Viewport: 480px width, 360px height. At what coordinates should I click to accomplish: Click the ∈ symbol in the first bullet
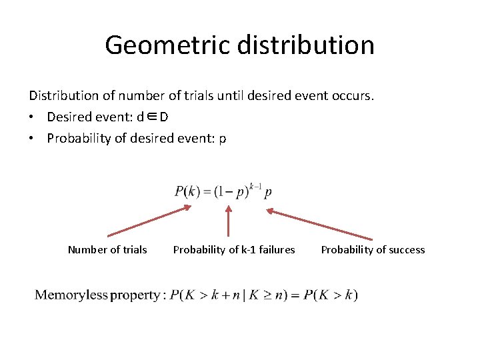click(151, 117)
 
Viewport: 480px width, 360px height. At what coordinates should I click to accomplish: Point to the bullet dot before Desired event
click(32, 117)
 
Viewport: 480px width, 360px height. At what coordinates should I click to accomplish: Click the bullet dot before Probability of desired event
click(32, 139)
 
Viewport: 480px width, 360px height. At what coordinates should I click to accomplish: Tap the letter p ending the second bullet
click(223, 139)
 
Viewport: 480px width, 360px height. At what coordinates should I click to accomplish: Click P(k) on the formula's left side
click(187, 192)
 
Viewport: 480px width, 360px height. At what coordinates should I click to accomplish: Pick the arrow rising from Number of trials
click(149, 221)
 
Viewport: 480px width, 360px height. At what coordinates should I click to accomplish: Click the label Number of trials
click(107, 250)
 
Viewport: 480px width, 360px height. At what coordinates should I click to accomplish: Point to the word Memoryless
click(71, 295)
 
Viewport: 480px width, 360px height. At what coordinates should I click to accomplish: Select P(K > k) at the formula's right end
click(331, 295)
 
